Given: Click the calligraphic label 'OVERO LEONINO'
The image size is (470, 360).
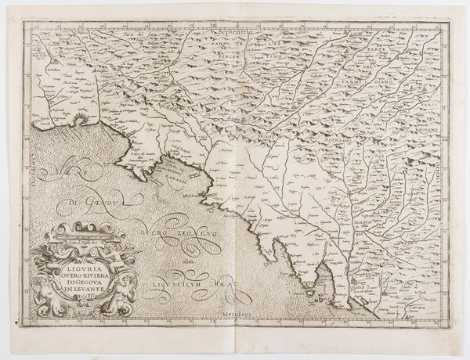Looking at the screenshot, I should click(x=184, y=235).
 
